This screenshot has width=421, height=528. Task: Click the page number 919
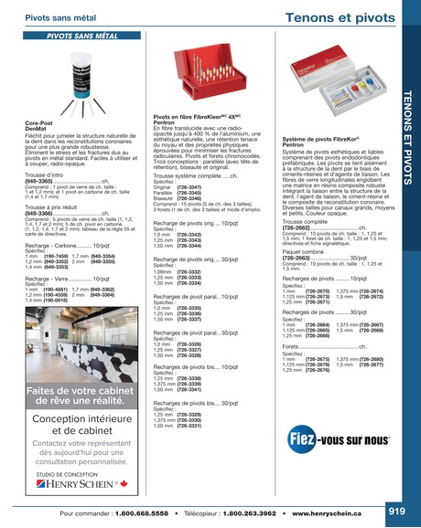[x=395, y=511]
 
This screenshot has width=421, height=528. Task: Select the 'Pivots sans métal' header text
[x=62, y=17]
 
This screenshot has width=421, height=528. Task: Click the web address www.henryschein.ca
[x=329, y=513]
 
